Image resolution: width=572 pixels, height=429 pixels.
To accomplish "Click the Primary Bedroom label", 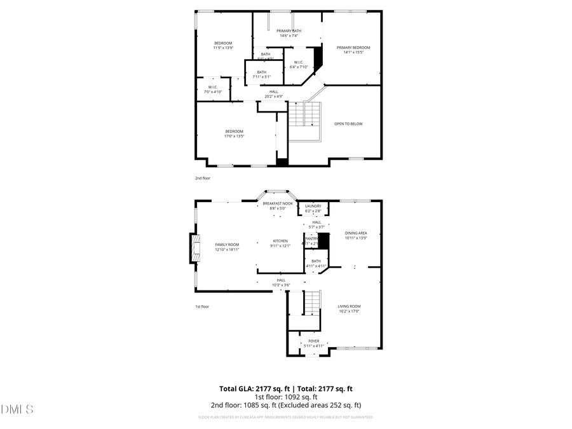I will (353, 48).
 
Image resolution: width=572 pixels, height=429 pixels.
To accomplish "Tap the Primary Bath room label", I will (289, 31).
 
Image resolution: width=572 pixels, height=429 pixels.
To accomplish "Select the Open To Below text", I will (348, 124).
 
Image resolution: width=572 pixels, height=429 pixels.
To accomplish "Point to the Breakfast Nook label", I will (278, 203).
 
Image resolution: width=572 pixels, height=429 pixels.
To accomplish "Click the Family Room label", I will (227, 245).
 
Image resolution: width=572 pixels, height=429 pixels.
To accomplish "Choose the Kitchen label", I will (280, 241).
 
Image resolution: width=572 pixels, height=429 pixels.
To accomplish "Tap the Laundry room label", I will (313, 206).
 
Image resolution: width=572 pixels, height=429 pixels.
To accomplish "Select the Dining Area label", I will (356, 233).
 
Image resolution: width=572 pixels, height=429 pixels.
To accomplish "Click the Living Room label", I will (349, 306).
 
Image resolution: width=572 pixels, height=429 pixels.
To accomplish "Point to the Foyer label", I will (314, 341).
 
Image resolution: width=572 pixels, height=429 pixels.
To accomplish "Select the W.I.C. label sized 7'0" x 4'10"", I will (213, 88).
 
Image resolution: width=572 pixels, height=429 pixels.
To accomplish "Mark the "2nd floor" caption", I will (203, 179).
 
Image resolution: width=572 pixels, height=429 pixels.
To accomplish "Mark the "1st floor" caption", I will (202, 306).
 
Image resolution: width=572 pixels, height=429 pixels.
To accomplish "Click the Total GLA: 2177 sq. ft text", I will (252, 388).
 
